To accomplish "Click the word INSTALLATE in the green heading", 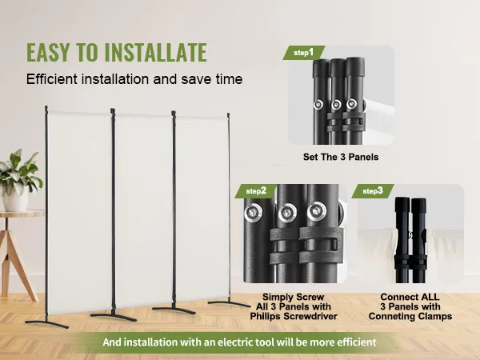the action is tap(156, 52).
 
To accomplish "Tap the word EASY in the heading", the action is tap(48, 52).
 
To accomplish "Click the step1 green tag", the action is tap(304, 53).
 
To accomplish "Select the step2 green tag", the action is tap(256, 191).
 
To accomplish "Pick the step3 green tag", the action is tap(373, 191).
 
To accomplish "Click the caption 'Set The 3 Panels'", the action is tap(341, 157).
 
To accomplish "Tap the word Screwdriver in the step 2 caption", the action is tap(310, 316).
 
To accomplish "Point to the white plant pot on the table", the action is tap(15, 199).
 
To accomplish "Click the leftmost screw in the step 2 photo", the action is tap(253, 212).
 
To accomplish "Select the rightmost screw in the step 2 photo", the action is tap(317, 210).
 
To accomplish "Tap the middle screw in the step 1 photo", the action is tap(336, 105).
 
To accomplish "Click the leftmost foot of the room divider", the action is tap(47, 324).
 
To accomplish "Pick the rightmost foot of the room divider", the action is tap(229, 304).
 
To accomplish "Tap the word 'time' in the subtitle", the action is tap(229, 79).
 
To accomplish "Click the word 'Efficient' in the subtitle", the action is tap(52, 79).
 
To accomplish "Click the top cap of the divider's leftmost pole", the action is tap(46, 110).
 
